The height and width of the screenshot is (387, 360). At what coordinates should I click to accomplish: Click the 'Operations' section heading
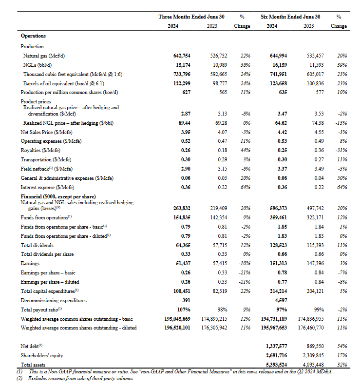click(33, 36)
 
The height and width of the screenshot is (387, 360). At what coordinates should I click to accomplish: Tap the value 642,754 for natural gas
click(183, 57)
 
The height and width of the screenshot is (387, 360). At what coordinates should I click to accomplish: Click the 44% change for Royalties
click(246, 150)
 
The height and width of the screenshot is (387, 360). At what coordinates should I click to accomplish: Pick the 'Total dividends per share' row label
click(47, 254)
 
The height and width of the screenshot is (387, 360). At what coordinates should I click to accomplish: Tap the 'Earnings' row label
click(30, 263)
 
